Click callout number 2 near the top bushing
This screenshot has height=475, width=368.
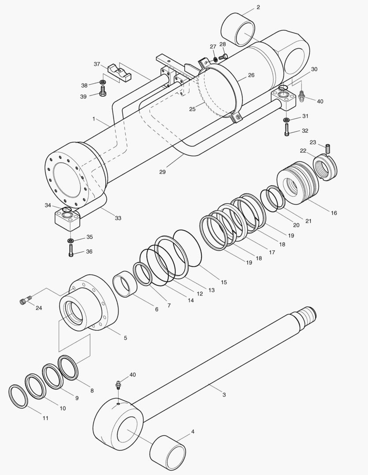[258, 7]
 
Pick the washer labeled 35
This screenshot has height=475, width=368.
[71, 241]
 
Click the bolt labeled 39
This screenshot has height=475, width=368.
[102, 93]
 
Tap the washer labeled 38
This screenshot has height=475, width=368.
[103, 82]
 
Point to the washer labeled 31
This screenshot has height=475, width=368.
[286, 119]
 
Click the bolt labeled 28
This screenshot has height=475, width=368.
[223, 56]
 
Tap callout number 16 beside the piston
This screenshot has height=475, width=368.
[334, 213]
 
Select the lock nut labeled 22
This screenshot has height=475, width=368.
[325, 166]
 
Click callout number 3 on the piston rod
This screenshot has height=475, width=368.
[224, 395]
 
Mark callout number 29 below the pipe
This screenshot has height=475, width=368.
[162, 172]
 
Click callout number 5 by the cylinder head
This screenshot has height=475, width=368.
[125, 338]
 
